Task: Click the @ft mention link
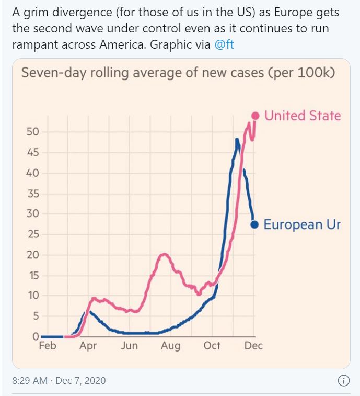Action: (x=225, y=45)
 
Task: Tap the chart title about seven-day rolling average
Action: (x=178, y=72)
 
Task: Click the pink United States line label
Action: (x=303, y=116)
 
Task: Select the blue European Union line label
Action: (x=301, y=224)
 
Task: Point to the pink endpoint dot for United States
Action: (x=256, y=116)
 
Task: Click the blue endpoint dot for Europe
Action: (x=255, y=224)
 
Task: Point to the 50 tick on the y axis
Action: (x=33, y=132)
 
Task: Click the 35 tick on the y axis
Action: (x=33, y=194)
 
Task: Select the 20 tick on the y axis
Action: (x=33, y=255)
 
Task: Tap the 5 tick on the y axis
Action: (x=36, y=316)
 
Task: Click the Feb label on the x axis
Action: (x=48, y=346)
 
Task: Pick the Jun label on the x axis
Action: (x=129, y=346)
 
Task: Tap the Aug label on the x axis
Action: (x=170, y=346)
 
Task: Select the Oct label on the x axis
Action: (x=212, y=346)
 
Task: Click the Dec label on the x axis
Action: (x=253, y=346)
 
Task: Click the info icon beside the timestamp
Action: (x=343, y=381)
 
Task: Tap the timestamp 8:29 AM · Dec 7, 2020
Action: (x=59, y=381)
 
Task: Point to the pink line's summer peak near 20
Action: (x=165, y=255)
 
